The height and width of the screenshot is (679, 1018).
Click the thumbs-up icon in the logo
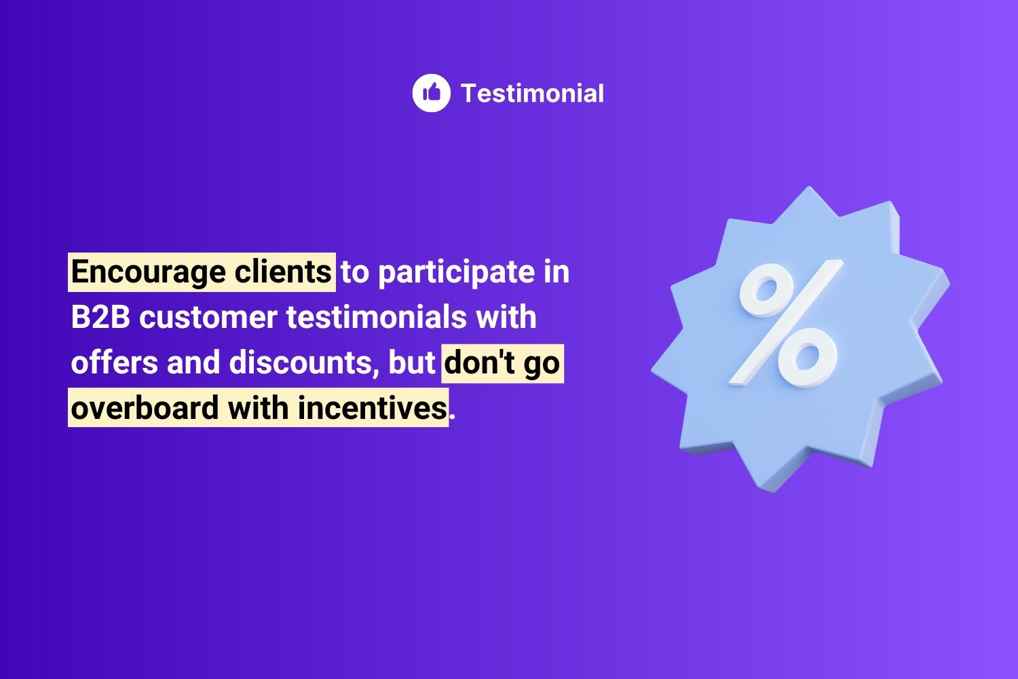[431, 93]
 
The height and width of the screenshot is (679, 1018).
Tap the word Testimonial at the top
[532, 94]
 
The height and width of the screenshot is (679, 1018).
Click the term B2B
[100, 318]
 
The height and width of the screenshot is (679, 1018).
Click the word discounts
[301, 363]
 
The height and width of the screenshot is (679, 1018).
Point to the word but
[411, 363]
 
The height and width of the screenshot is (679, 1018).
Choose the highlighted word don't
[479, 363]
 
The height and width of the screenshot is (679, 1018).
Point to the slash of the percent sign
[786, 325]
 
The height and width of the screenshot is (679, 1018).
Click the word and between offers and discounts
[193, 363]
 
